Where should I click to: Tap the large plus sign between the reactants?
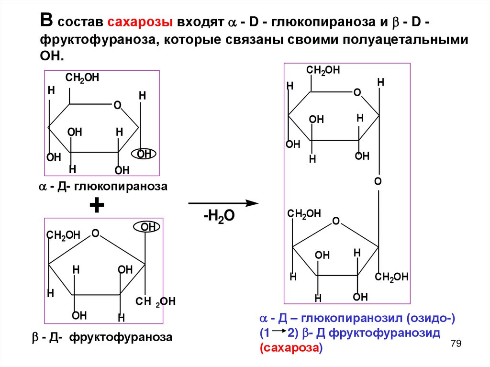[x=97, y=206]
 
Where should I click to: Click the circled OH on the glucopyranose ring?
[x=144, y=154]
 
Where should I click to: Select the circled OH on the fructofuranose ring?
[x=148, y=227]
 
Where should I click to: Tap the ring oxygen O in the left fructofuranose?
[x=95, y=234]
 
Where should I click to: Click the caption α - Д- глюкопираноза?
[x=103, y=187]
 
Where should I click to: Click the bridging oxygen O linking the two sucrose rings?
[x=378, y=182]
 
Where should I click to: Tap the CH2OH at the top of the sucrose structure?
[x=323, y=70]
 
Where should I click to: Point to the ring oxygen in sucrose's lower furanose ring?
[x=336, y=221]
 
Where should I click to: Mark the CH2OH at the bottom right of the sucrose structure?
[x=391, y=277]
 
